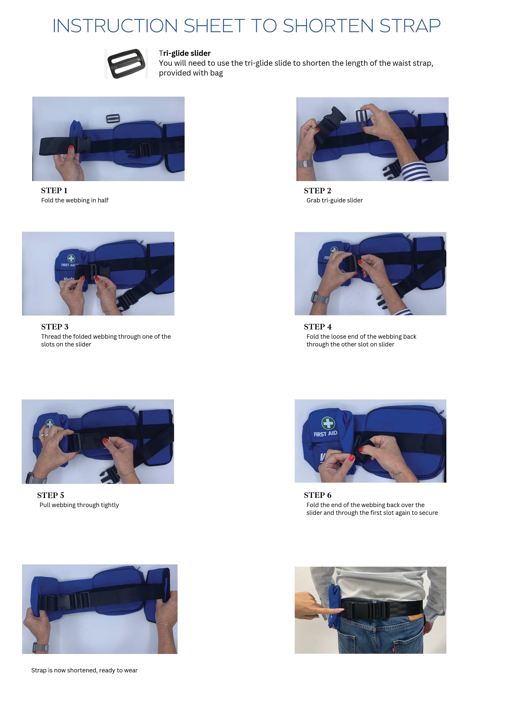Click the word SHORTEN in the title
328,26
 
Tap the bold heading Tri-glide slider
185,53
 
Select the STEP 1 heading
54,190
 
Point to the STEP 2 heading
317,190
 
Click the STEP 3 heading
55,327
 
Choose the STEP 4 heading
317,327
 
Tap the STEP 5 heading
51,495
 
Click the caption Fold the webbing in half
75,200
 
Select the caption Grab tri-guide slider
334,200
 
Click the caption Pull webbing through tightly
79,505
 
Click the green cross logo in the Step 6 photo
328,423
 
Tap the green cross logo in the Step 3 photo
71,258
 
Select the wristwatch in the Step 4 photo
320,297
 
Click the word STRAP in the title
410,26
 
